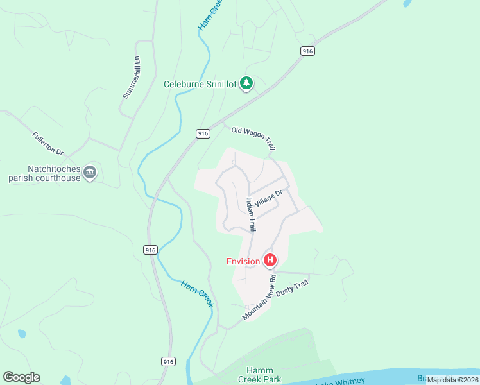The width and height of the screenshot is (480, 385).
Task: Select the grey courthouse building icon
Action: pos(90,172)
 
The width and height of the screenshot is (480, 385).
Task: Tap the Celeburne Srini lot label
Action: pos(200,83)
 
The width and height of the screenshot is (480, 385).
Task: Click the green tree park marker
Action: pos(246,83)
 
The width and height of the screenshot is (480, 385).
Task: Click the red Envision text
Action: pos(243,261)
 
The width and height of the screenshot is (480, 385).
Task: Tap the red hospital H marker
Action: pos(271,261)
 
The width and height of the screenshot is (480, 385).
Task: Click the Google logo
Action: pos(21,377)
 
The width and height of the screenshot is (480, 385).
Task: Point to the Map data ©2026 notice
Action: pos(452,379)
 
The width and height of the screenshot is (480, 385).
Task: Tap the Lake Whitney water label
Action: pos(339,381)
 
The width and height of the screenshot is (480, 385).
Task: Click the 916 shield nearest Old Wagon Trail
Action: pos(203,133)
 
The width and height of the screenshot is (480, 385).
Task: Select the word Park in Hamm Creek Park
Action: pos(272,379)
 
